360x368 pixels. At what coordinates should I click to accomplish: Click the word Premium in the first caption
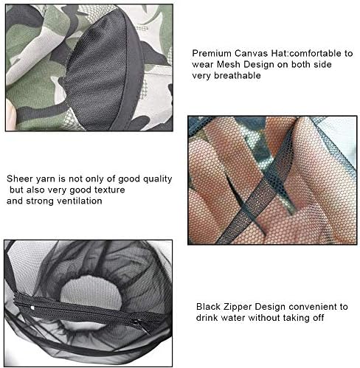tap(212, 53)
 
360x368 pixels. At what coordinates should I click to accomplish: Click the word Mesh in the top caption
tap(228, 64)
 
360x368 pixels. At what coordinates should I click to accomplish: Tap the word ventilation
tap(80, 201)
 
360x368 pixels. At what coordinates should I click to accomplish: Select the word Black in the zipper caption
tap(209, 307)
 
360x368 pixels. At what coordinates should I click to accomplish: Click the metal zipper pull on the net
tap(141, 326)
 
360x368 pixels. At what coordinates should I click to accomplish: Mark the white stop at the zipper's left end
tap(32, 308)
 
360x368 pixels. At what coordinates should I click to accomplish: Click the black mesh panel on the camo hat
tap(98, 72)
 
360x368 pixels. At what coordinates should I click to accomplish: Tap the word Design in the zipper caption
tap(270, 307)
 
